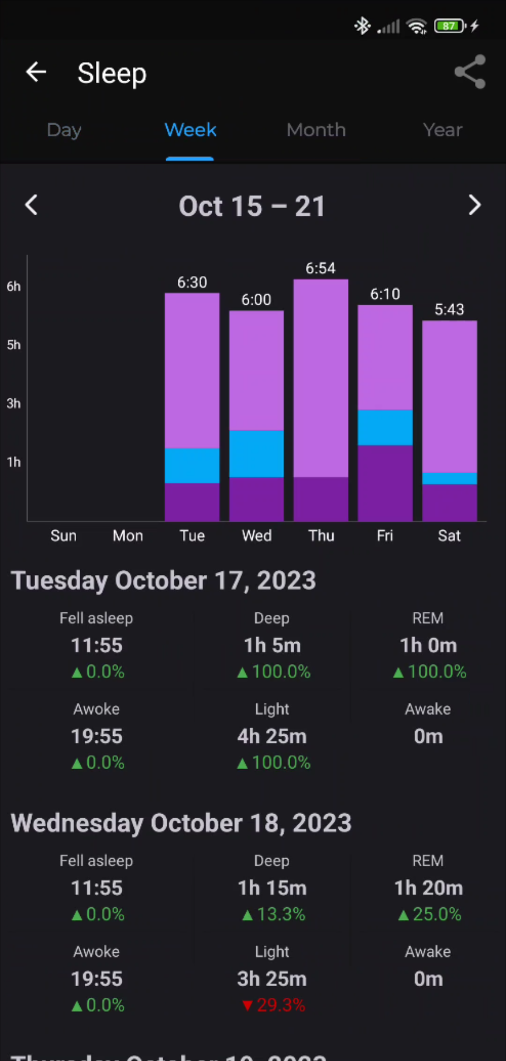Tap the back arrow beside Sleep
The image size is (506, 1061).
click(36, 72)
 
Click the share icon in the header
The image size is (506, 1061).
click(470, 72)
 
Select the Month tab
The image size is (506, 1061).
click(316, 130)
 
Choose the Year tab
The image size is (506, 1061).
click(442, 130)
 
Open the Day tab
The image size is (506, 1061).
click(64, 130)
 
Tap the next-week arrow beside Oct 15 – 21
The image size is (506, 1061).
click(474, 205)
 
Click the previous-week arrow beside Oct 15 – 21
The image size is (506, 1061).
click(32, 205)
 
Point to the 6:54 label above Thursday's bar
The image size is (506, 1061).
click(321, 268)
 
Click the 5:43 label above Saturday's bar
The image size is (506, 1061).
click(449, 309)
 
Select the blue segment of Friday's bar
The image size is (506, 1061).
click(385, 428)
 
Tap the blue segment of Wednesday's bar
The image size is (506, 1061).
click(256, 454)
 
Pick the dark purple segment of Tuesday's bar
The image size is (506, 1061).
click(192, 501)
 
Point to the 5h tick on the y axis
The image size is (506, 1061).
click(13, 345)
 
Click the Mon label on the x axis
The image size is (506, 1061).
click(128, 536)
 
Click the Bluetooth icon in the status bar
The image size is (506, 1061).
click(362, 26)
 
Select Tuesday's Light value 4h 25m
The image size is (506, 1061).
click(272, 736)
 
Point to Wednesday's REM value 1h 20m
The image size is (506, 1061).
click(428, 888)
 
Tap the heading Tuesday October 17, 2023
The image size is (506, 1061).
click(164, 580)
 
